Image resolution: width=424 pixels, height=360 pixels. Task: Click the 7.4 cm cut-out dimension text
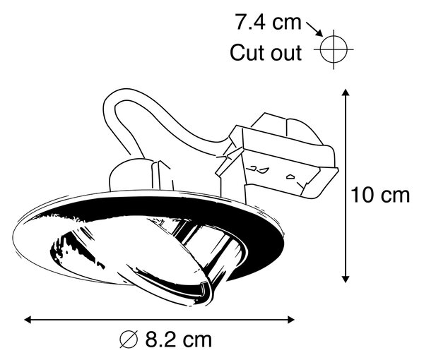268,22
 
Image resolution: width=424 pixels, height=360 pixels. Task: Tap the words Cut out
266,53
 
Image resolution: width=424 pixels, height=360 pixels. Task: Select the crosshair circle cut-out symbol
334,49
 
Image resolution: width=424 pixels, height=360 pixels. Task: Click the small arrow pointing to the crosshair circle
314,29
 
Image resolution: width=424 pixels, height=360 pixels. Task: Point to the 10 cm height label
380,195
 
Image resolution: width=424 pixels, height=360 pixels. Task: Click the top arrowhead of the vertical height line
346,92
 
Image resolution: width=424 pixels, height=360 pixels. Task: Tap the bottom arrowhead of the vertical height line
346,279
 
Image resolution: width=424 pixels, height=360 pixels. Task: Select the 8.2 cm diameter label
165,340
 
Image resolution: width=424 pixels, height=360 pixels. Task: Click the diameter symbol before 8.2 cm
129,340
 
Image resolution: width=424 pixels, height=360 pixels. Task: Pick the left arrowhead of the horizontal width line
28,320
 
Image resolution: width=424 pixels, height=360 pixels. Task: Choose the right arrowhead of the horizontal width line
290,320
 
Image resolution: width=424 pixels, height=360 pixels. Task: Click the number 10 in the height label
362,195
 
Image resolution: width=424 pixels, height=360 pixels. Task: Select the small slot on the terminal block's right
291,177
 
